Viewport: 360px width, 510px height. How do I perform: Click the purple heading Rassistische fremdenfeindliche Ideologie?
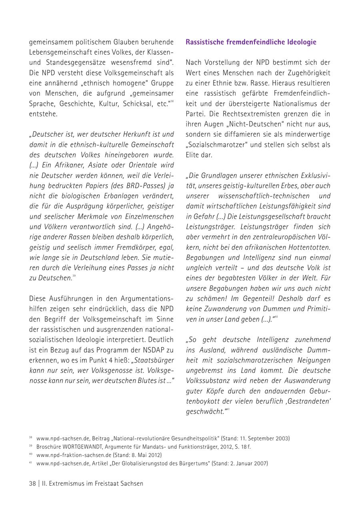click(251, 42)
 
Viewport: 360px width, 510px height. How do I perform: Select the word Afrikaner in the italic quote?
click(72, 165)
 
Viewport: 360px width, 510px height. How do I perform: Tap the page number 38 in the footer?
click(32, 484)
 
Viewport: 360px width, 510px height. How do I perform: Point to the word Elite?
click(193, 155)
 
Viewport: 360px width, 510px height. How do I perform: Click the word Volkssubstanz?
click(209, 381)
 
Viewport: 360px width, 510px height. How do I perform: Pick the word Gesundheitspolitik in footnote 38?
click(190, 438)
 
